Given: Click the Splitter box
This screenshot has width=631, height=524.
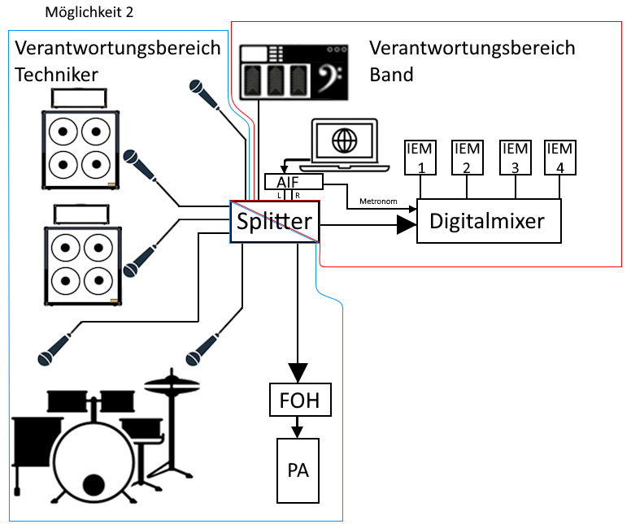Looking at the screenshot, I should click(x=275, y=222).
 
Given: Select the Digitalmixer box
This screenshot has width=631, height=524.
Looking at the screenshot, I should click(x=489, y=219).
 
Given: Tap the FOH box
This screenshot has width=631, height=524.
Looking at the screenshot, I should click(x=300, y=401).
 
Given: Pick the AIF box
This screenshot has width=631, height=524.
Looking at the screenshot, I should click(x=294, y=181).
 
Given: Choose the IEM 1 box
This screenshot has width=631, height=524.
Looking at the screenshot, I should click(x=421, y=156).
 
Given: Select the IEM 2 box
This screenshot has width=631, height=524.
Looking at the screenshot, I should click(x=467, y=156).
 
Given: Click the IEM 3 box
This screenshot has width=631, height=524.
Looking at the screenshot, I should click(x=513, y=156).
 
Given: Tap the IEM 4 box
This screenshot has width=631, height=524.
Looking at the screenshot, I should click(x=559, y=156).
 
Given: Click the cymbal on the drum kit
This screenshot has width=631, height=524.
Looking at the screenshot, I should click(x=172, y=382).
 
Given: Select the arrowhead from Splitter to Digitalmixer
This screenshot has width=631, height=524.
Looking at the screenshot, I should click(x=406, y=224).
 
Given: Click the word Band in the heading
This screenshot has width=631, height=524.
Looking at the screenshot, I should click(x=392, y=74).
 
